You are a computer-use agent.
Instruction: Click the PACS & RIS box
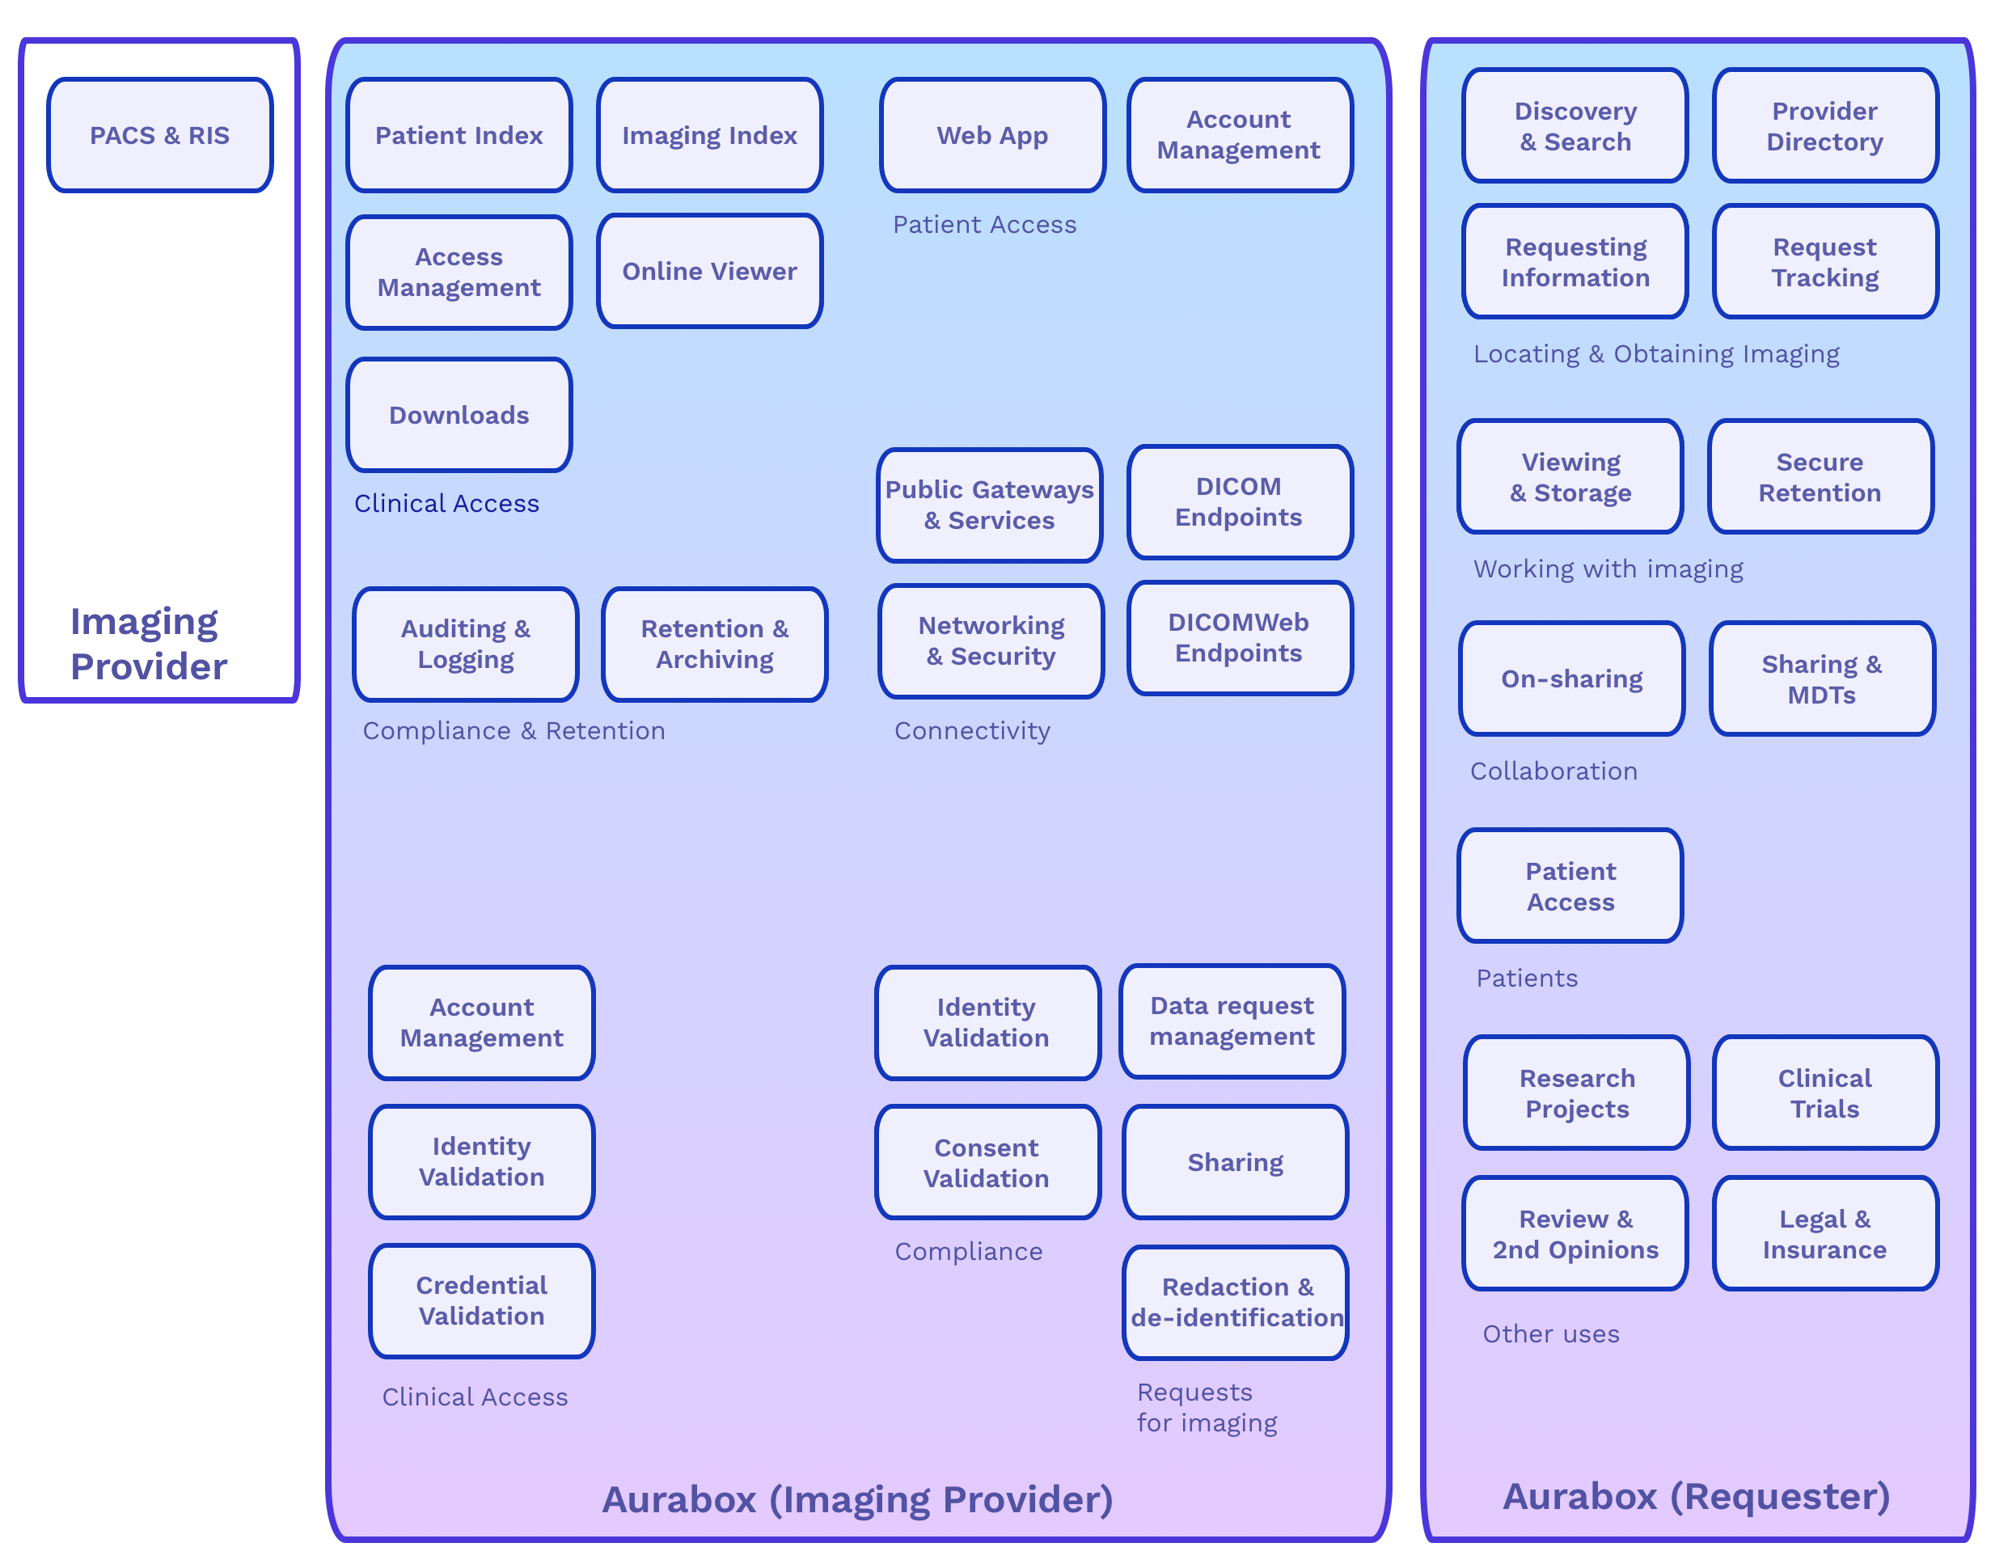click(x=159, y=135)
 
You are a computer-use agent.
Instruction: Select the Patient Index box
click(x=459, y=135)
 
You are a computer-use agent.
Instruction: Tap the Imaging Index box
click(x=709, y=135)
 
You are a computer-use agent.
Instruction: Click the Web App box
click(x=992, y=135)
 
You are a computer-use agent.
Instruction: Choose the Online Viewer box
click(x=709, y=271)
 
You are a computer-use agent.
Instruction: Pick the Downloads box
click(x=459, y=416)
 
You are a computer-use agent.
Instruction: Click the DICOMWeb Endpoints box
click(x=1239, y=637)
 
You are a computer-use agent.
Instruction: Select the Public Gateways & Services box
click(x=989, y=505)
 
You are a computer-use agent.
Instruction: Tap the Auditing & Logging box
click(x=465, y=644)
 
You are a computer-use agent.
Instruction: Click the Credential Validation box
click(x=481, y=1300)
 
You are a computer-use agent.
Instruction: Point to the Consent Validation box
click(x=987, y=1162)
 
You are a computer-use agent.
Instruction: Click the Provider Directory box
click(x=1824, y=126)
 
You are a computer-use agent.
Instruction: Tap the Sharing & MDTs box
click(x=1821, y=678)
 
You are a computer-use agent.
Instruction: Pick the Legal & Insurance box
click(x=1824, y=1233)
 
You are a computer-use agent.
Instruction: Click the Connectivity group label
click(x=972, y=730)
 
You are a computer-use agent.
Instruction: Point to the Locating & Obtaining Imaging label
click(x=1655, y=353)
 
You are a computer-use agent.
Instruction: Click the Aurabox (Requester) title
click(x=1696, y=1496)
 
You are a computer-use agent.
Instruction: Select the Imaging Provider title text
click(x=148, y=644)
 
